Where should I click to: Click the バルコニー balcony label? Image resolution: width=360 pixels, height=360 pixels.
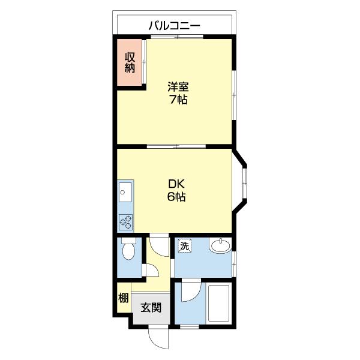[174, 25]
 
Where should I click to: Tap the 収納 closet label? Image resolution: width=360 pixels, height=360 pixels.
[130, 62]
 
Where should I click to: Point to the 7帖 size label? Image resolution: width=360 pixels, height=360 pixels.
[178, 100]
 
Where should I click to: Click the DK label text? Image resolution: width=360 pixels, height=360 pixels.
[176, 184]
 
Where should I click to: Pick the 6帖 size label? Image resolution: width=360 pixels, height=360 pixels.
[176, 197]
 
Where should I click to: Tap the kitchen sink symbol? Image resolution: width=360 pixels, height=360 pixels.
[126, 192]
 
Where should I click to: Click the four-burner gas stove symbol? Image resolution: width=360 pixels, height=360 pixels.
[126, 222]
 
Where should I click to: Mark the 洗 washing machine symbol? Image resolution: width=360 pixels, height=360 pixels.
[185, 245]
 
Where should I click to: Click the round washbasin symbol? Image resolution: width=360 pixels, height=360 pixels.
[219, 246]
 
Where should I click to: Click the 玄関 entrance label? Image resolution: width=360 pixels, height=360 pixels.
[151, 309]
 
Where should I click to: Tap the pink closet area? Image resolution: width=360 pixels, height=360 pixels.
[130, 62]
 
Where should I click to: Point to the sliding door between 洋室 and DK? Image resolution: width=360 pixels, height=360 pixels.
[175, 146]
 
